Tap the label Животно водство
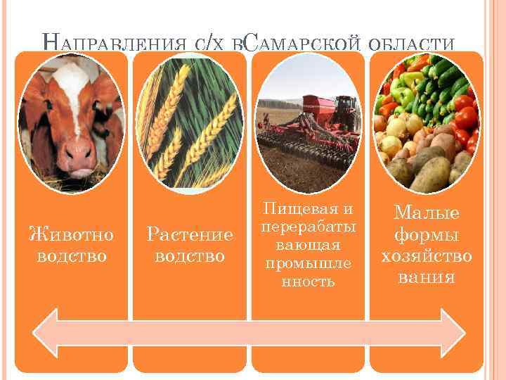tap(71, 243)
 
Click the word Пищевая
tap(307, 209)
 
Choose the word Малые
tap(426, 213)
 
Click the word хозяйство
tap(426, 255)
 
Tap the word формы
tap(426, 234)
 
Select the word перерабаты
tap(307, 227)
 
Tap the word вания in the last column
tap(426, 276)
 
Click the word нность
tap(307, 281)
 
